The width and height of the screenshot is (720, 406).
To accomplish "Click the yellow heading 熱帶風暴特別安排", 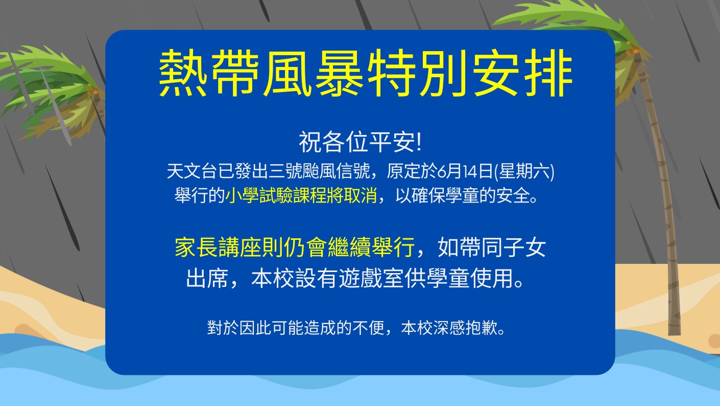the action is click(x=366, y=73).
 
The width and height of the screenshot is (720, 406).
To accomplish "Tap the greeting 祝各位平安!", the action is click(x=360, y=142).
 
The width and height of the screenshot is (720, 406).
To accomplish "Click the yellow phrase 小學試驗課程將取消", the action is click(x=301, y=195).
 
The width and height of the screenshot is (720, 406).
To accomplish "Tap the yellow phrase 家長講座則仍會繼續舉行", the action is click(x=294, y=247).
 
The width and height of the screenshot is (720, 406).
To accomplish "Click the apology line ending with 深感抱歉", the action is click(x=355, y=328).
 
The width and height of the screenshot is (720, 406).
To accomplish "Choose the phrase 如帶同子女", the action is click(x=491, y=247).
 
